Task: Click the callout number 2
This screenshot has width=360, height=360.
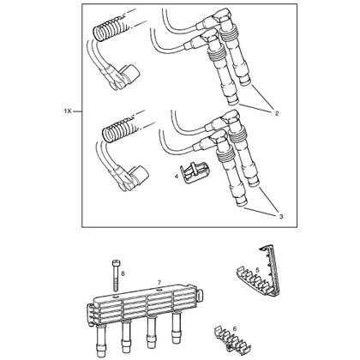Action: [277, 113]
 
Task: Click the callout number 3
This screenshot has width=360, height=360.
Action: [281, 217]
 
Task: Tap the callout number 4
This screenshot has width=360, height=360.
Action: [177, 177]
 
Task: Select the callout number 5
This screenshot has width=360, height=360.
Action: [257, 269]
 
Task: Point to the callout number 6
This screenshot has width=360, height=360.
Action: [235, 329]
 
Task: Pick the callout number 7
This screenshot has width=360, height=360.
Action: [159, 282]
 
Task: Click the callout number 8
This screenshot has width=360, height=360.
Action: [123, 273]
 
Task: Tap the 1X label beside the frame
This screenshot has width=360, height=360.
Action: [68, 111]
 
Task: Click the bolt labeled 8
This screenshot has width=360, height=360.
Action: [115, 275]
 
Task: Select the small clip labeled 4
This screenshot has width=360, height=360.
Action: [194, 172]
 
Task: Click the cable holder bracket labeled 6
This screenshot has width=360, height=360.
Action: [232, 339]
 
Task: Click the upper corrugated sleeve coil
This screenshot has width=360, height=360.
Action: [110, 28]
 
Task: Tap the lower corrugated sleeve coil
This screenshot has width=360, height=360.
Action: [118, 130]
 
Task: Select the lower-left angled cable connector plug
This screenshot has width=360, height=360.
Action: [129, 177]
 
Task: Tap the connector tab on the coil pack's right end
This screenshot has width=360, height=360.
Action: [201, 293]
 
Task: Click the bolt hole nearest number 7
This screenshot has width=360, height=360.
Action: [158, 290]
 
